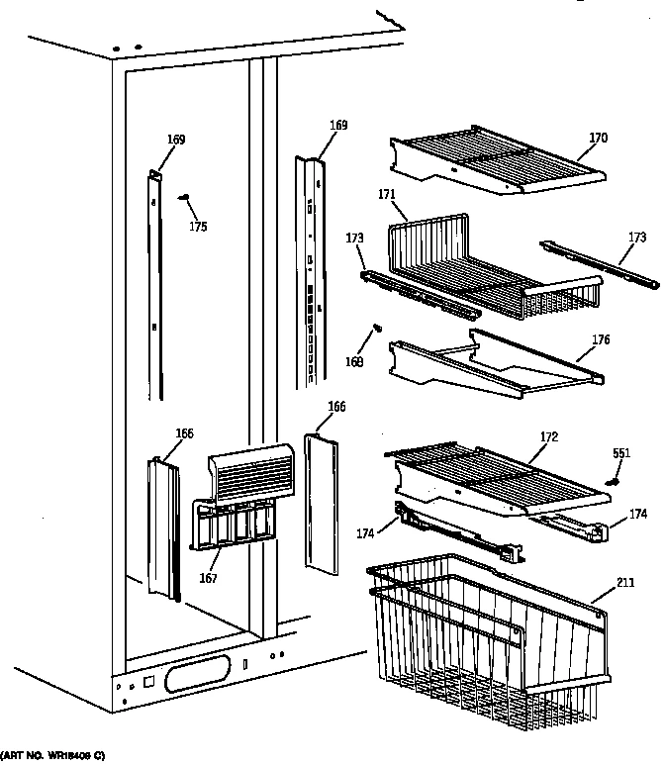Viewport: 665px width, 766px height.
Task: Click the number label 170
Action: tap(598, 139)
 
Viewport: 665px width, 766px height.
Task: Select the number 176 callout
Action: tap(601, 340)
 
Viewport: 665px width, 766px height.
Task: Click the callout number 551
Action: tap(620, 453)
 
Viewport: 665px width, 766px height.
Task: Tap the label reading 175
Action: tap(198, 227)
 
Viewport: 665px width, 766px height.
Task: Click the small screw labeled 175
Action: tap(184, 198)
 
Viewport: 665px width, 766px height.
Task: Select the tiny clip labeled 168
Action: tap(376, 328)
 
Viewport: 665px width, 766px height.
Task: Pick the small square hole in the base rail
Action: tap(148, 682)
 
